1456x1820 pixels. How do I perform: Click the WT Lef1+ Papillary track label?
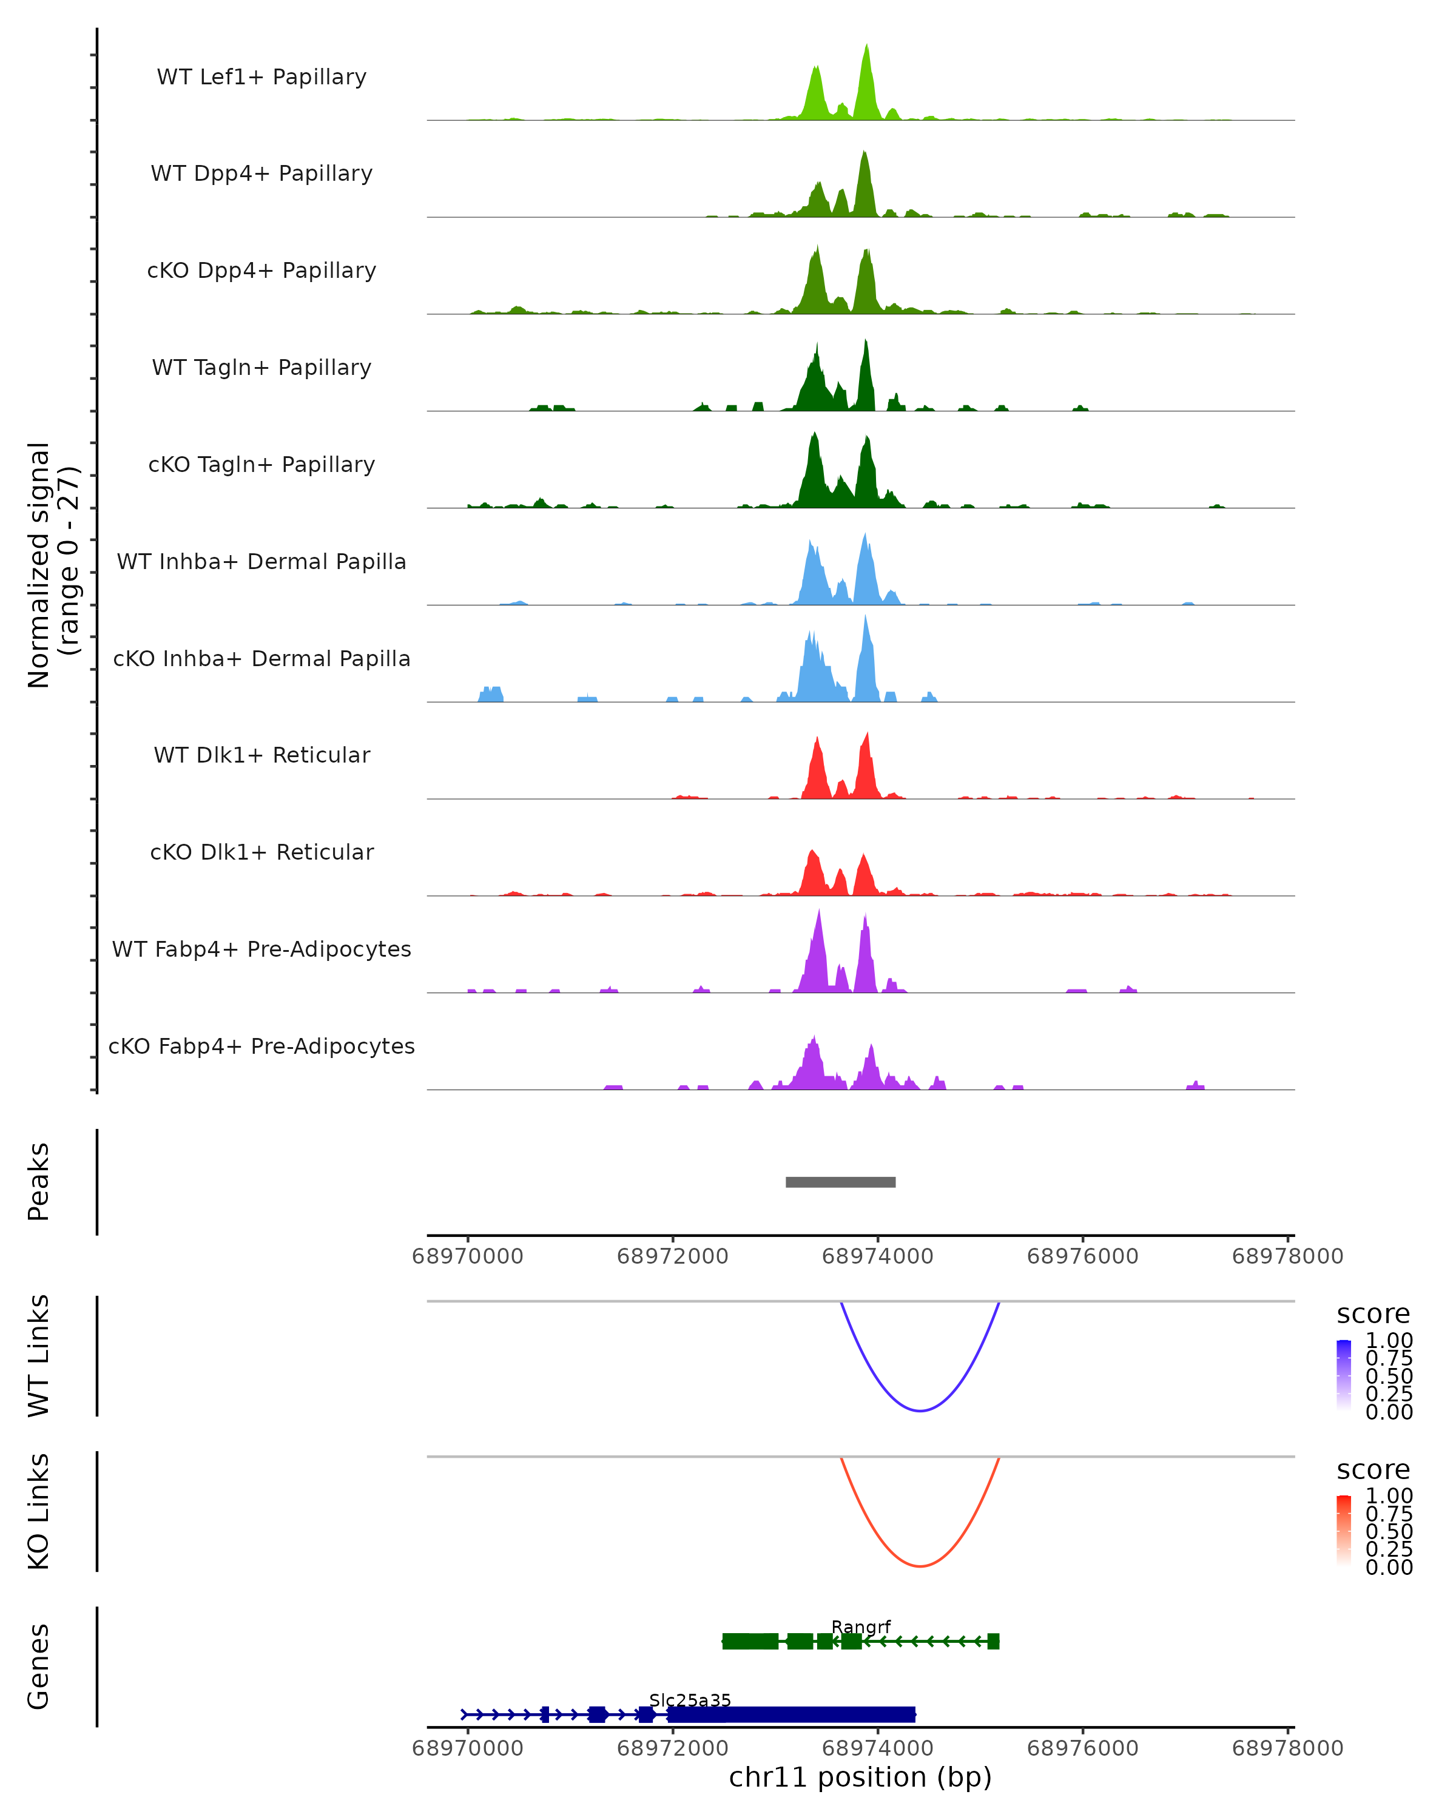[x=261, y=77]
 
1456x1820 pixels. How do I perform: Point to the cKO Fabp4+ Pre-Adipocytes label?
[x=261, y=1046]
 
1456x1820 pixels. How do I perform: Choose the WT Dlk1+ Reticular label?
[x=261, y=755]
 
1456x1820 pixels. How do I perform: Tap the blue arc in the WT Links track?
[x=920, y=1410]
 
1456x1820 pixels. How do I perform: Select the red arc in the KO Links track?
[x=920, y=1566]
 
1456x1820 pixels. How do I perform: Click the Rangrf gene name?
[x=860, y=1626]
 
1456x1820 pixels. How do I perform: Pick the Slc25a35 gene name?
[x=690, y=1700]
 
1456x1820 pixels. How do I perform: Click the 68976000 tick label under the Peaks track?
[x=1082, y=1256]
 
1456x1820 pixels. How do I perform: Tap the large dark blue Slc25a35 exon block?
[x=791, y=1714]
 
